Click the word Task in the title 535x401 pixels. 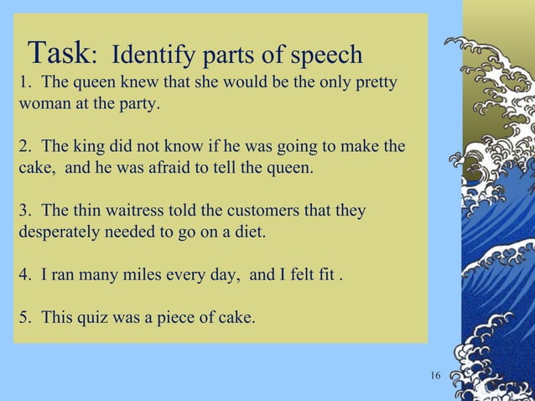[x=58, y=55]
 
